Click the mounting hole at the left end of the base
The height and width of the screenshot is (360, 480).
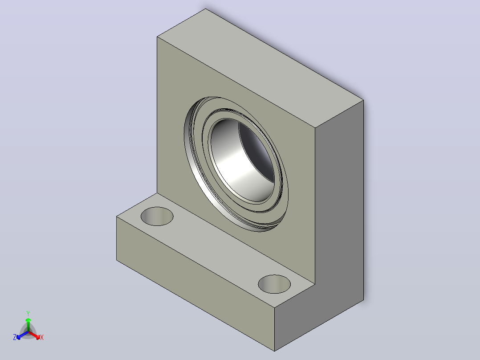pyautogui.click(x=157, y=216)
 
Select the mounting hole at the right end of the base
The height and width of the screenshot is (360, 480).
pyautogui.click(x=274, y=284)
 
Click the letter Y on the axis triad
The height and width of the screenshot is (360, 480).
pyautogui.click(x=28, y=313)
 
